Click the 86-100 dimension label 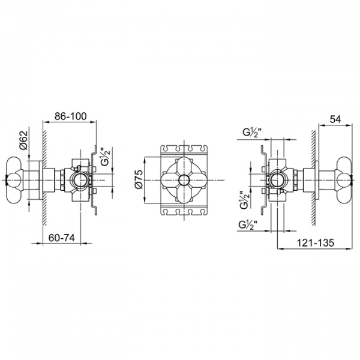point(70,116)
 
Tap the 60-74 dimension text point(62,238)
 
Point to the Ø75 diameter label point(139,179)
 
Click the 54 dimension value point(335,119)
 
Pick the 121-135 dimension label point(316,242)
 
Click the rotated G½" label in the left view point(106,157)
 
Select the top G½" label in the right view point(252,133)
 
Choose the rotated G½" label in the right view point(245,200)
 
